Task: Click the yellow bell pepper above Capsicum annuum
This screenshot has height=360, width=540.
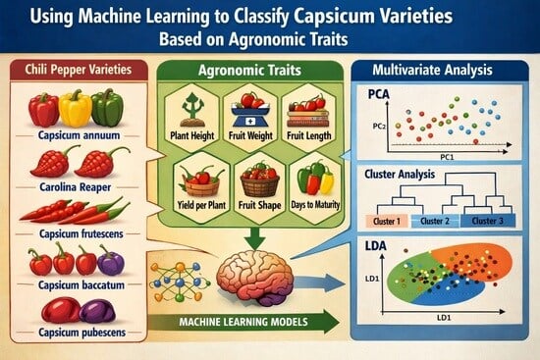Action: (75, 108)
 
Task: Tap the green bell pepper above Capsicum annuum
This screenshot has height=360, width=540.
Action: (107, 107)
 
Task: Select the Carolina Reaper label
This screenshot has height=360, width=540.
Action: (76, 187)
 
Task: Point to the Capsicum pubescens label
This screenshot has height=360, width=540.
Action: (81, 333)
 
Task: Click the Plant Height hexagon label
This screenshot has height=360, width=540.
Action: (192, 135)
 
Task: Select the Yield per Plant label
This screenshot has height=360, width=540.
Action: (201, 205)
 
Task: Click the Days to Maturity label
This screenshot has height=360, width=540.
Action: (315, 205)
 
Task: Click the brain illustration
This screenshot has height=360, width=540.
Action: (255, 278)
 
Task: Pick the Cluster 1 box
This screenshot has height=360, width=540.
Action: (387, 221)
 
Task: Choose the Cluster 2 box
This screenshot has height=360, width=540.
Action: (435, 221)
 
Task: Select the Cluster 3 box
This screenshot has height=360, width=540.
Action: (488, 221)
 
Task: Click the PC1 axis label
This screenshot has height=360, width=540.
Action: (447, 157)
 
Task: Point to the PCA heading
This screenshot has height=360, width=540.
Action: (378, 94)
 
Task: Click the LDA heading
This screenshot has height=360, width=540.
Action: (376, 246)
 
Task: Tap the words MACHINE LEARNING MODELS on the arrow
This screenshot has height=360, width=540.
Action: (243, 322)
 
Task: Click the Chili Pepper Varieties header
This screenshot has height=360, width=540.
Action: (79, 70)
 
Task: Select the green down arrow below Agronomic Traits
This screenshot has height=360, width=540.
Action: (255, 238)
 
